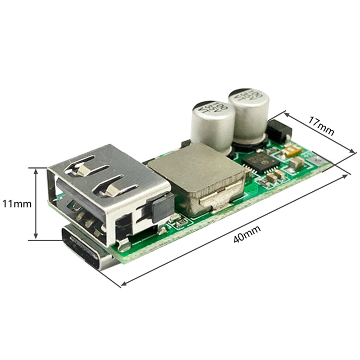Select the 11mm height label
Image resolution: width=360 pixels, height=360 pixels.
(17, 204)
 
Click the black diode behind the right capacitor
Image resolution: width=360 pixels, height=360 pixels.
(279, 130)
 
